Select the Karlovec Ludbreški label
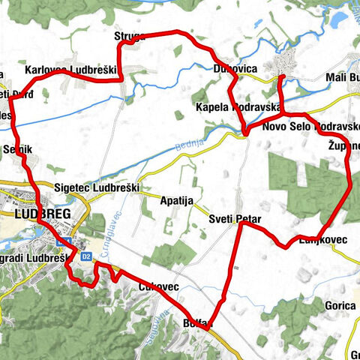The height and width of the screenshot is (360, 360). tap(72, 70)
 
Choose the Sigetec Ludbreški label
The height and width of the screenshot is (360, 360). tap(97, 187)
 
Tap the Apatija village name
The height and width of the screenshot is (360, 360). tap(177, 200)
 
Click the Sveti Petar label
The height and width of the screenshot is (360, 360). tap(234, 219)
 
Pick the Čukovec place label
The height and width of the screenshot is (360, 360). tap(158, 287)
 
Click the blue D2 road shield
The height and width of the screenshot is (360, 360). tap(86, 256)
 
